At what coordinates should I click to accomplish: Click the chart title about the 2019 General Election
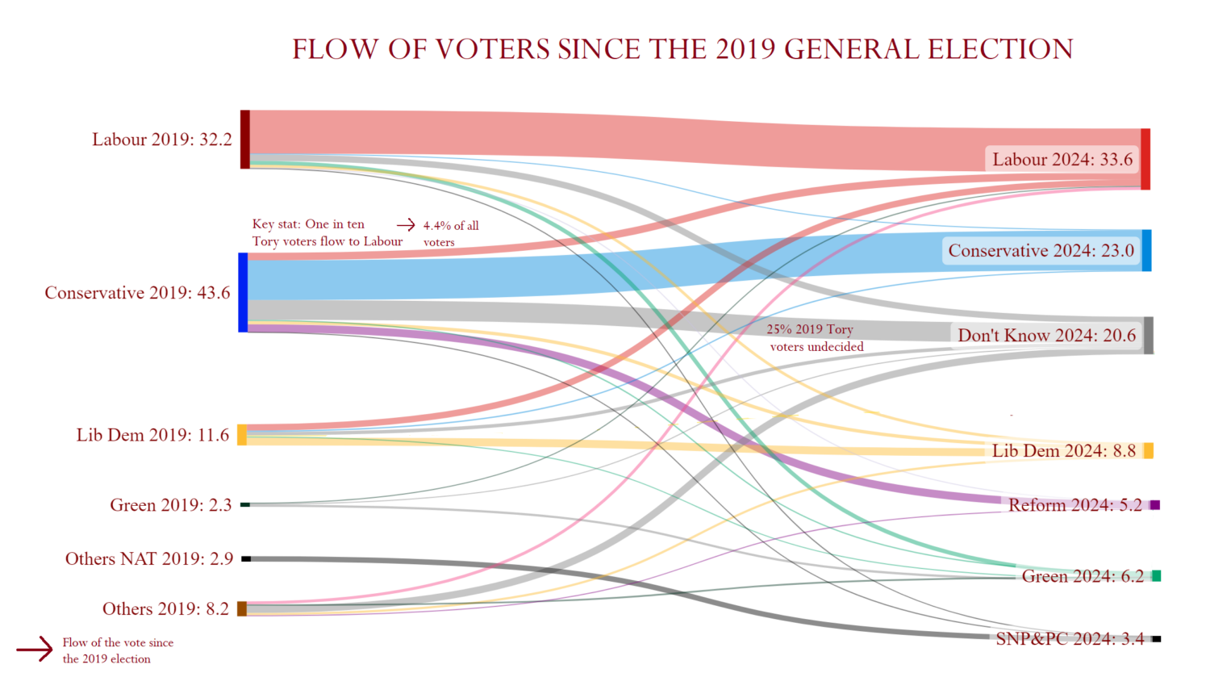coord(682,49)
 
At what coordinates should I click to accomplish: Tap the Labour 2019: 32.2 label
coord(161,140)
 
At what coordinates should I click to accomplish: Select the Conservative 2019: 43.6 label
coord(137,293)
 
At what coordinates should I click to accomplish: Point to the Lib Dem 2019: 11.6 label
coord(152,435)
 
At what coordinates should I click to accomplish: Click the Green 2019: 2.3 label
coord(170,505)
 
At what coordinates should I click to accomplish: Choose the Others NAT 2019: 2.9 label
coord(149,559)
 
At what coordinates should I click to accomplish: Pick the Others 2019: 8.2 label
coord(165,609)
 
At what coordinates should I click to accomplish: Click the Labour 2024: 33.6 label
coord(1062,159)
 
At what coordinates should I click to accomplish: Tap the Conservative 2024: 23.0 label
coord(1041,250)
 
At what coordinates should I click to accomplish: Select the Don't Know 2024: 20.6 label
coord(1046,336)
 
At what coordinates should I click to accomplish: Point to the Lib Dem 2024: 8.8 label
coord(1063,450)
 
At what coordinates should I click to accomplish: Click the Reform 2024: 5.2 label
coord(1074,505)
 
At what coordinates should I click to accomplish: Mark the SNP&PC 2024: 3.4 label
coord(1069,639)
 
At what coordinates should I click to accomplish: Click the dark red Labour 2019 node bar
coord(245,140)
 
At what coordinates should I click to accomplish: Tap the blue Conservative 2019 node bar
coord(243,292)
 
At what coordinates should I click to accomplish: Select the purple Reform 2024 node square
coord(1155,505)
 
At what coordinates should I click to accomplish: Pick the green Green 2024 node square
coord(1156,575)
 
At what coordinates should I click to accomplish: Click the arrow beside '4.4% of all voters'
coord(406,225)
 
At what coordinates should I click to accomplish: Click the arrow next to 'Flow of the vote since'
coord(35,649)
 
